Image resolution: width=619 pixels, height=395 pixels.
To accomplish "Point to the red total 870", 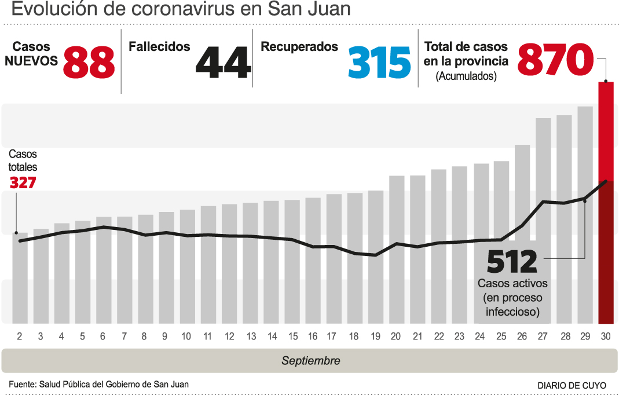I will point(555,60).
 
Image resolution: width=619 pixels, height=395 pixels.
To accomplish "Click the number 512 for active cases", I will point(512,262).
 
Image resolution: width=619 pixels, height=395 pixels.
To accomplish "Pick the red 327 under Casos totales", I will point(23,182).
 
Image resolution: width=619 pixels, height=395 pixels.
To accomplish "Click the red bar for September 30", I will point(606,203).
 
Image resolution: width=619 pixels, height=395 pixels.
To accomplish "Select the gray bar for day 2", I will point(20,278).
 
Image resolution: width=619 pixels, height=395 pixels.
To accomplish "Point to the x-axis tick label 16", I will point(313,337).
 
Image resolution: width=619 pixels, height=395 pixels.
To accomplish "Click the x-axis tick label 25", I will point(501,337).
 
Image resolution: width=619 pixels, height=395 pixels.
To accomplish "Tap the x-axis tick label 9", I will point(165,337).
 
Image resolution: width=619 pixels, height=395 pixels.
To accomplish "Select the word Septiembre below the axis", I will point(311,361).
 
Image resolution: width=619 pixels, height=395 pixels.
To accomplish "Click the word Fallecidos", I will point(159,47).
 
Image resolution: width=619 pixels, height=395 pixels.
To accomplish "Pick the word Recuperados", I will point(299,47).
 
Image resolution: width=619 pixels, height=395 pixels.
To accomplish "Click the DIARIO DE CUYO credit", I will point(572,385).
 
